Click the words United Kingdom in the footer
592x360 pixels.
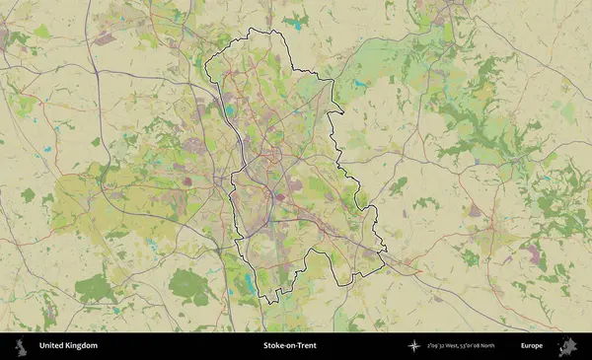(68, 346)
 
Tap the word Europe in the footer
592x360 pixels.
(532, 346)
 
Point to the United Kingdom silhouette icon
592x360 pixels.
(20, 346)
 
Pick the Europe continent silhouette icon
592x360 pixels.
(567, 346)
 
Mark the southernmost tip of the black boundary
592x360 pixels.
(263, 302)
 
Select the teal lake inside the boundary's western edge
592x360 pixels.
(231, 111)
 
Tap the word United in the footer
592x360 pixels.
(52, 346)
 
